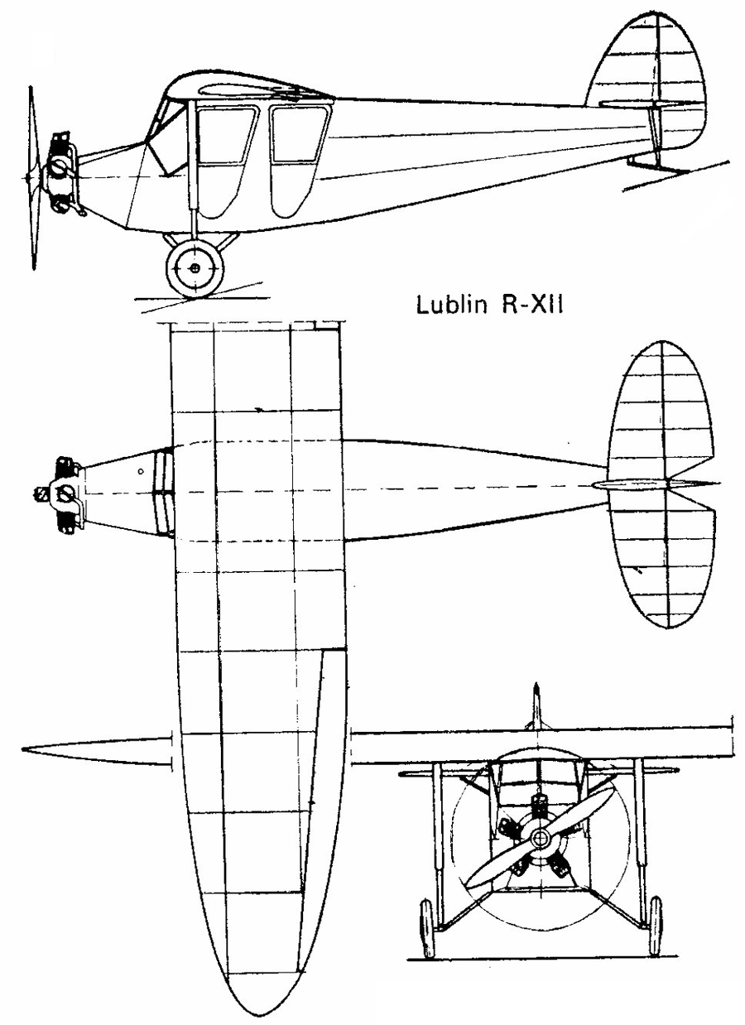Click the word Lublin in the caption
click(451, 306)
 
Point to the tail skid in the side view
click(659, 163)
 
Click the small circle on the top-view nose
click(141, 470)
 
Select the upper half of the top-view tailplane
click(661, 409)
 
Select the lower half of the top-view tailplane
click(662, 558)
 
